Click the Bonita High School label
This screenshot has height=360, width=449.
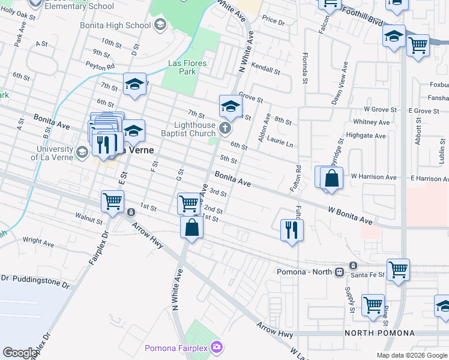(x=115, y=25)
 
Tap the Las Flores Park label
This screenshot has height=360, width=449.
(x=187, y=67)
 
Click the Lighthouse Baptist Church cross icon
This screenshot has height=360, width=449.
(x=224, y=128)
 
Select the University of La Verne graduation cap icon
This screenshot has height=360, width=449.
(x=82, y=152)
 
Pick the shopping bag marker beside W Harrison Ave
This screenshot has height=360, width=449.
(x=331, y=178)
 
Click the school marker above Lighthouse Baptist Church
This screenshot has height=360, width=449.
(x=231, y=106)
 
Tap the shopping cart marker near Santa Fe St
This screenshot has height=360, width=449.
(x=398, y=269)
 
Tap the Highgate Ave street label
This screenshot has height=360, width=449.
(x=370, y=136)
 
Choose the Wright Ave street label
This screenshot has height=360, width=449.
(x=38, y=241)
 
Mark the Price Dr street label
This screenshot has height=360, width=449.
(x=273, y=20)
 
